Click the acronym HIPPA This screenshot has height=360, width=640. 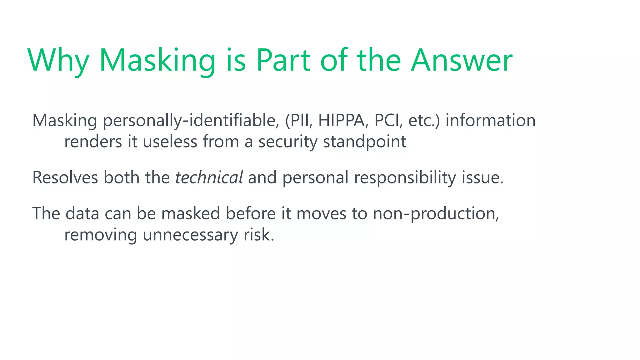[341, 121]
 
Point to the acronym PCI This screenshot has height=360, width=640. [387, 121]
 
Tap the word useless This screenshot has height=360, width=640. [170, 142]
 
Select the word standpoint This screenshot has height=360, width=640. [364, 142]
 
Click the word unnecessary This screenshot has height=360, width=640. [190, 235]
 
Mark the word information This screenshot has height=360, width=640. [490, 121]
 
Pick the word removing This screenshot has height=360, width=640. [100, 235]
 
